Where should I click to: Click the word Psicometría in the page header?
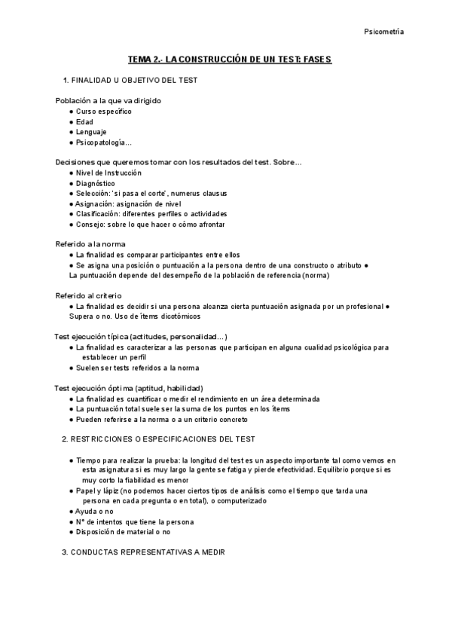point(383,32)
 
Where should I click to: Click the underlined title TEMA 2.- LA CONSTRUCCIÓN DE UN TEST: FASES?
point(230,59)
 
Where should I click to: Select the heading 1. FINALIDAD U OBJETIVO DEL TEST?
point(130,80)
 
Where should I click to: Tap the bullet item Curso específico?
point(103,112)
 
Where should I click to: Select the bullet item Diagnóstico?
point(95,183)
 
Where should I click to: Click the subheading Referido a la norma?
point(90,244)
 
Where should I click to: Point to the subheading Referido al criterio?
point(89,295)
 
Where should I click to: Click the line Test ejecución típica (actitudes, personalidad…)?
point(142,336)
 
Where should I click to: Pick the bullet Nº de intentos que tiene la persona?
point(135,521)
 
